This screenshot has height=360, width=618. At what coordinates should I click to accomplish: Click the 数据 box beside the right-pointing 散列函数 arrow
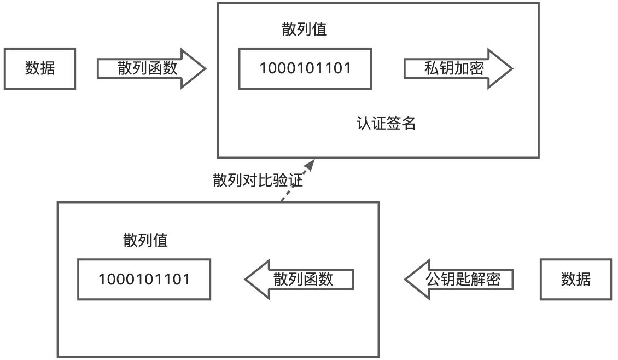[x=40, y=68]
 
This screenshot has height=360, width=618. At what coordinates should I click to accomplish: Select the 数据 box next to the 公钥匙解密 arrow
[x=576, y=280]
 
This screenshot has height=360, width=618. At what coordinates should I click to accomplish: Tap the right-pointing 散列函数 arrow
[x=151, y=68]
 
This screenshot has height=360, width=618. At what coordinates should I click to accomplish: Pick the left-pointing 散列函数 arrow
[x=299, y=280]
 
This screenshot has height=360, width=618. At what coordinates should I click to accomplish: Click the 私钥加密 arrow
[x=458, y=68]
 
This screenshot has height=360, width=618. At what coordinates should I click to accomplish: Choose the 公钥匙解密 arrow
[x=459, y=280]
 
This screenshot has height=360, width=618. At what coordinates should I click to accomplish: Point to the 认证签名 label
[x=386, y=124]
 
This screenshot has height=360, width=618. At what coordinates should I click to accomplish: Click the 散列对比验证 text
[x=258, y=180]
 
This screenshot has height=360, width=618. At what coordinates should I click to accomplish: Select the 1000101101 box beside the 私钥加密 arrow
[x=305, y=68]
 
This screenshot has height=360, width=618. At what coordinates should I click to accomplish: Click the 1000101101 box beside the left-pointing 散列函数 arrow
[x=144, y=280]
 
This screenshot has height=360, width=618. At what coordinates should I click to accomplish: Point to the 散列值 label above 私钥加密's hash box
[x=304, y=29]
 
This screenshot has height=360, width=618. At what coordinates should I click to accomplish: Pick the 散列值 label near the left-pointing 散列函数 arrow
[x=145, y=240]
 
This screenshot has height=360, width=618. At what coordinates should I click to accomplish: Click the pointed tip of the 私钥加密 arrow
[x=513, y=68]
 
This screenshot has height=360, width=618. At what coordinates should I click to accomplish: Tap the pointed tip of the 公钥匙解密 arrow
[x=405, y=280]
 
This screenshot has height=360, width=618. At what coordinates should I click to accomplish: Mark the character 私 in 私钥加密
[x=432, y=68]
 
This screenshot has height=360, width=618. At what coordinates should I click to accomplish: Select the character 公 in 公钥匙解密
[x=433, y=279]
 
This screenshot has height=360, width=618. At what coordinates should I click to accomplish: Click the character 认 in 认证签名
[x=364, y=124]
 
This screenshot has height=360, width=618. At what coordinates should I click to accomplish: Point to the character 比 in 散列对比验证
[x=265, y=180]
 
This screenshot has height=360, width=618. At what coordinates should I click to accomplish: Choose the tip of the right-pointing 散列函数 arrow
[x=206, y=68]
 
